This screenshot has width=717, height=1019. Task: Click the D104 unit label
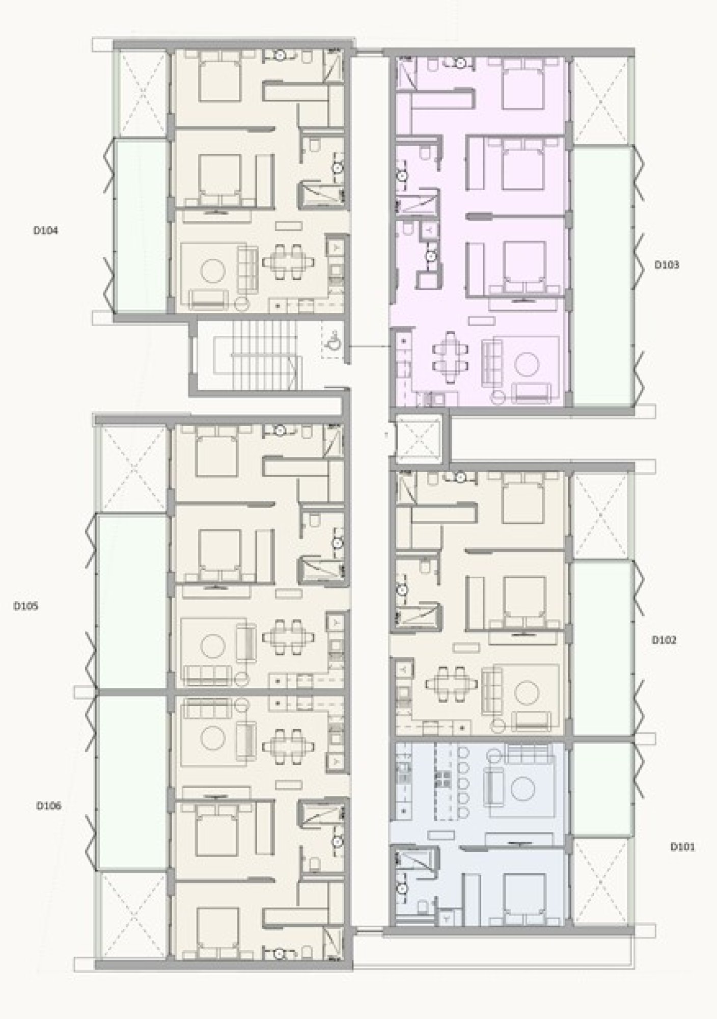pyautogui.click(x=46, y=230)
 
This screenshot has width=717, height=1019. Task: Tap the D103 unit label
pyautogui.click(x=666, y=264)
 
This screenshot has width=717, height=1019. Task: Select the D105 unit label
pyautogui.click(x=25, y=606)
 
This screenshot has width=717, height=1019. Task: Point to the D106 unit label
pyautogui.click(x=49, y=806)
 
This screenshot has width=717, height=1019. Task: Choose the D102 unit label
pyautogui.click(x=665, y=640)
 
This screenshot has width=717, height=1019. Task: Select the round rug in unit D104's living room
pyautogui.click(x=213, y=271)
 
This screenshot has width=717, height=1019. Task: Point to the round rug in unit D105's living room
pyautogui.click(x=213, y=648)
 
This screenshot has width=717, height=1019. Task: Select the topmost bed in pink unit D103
pyautogui.click(x=523, y=83)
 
